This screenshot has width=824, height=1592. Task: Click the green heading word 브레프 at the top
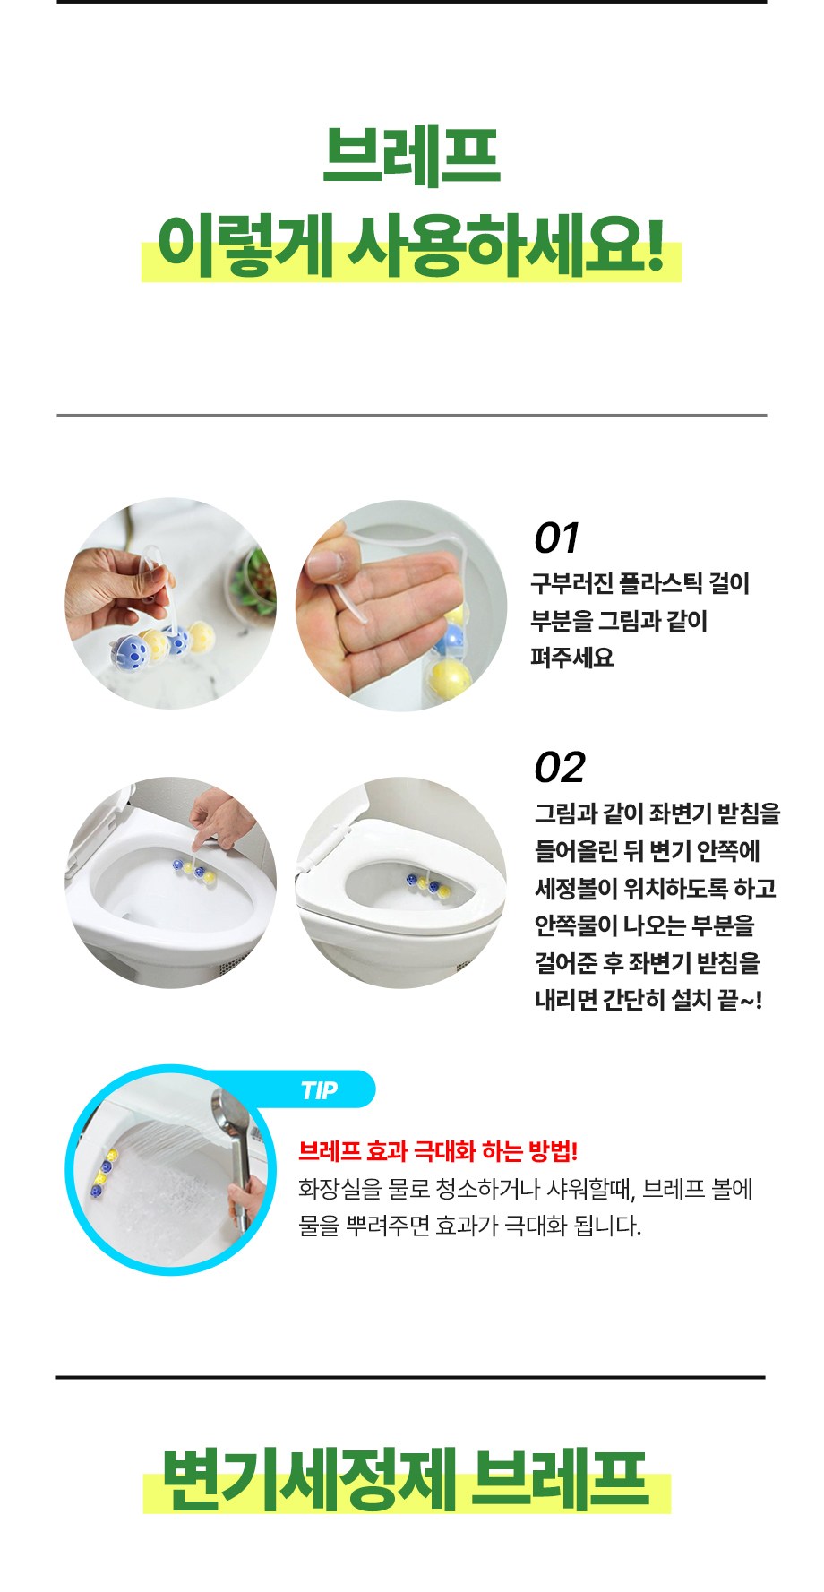[411, 156]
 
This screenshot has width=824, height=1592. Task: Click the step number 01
[556, 538]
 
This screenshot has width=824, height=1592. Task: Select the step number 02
[560, 768]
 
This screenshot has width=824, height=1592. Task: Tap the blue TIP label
[319, 1090]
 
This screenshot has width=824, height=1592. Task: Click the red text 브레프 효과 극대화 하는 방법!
[438, 1151]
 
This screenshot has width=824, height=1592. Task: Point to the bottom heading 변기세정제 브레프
[406, 1479]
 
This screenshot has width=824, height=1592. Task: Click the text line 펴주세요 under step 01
[572, 658]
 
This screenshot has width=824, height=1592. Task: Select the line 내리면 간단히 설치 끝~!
[648, 1000]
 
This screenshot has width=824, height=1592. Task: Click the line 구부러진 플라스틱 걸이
[639, 583]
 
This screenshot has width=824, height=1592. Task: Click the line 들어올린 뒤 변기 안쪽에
[647, 851]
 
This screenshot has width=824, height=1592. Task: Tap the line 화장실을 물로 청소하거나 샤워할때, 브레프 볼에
[526, 1189]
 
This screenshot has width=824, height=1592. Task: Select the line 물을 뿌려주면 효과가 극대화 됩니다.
[470, 1225]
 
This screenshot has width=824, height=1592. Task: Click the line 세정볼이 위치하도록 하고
[656, 889]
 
